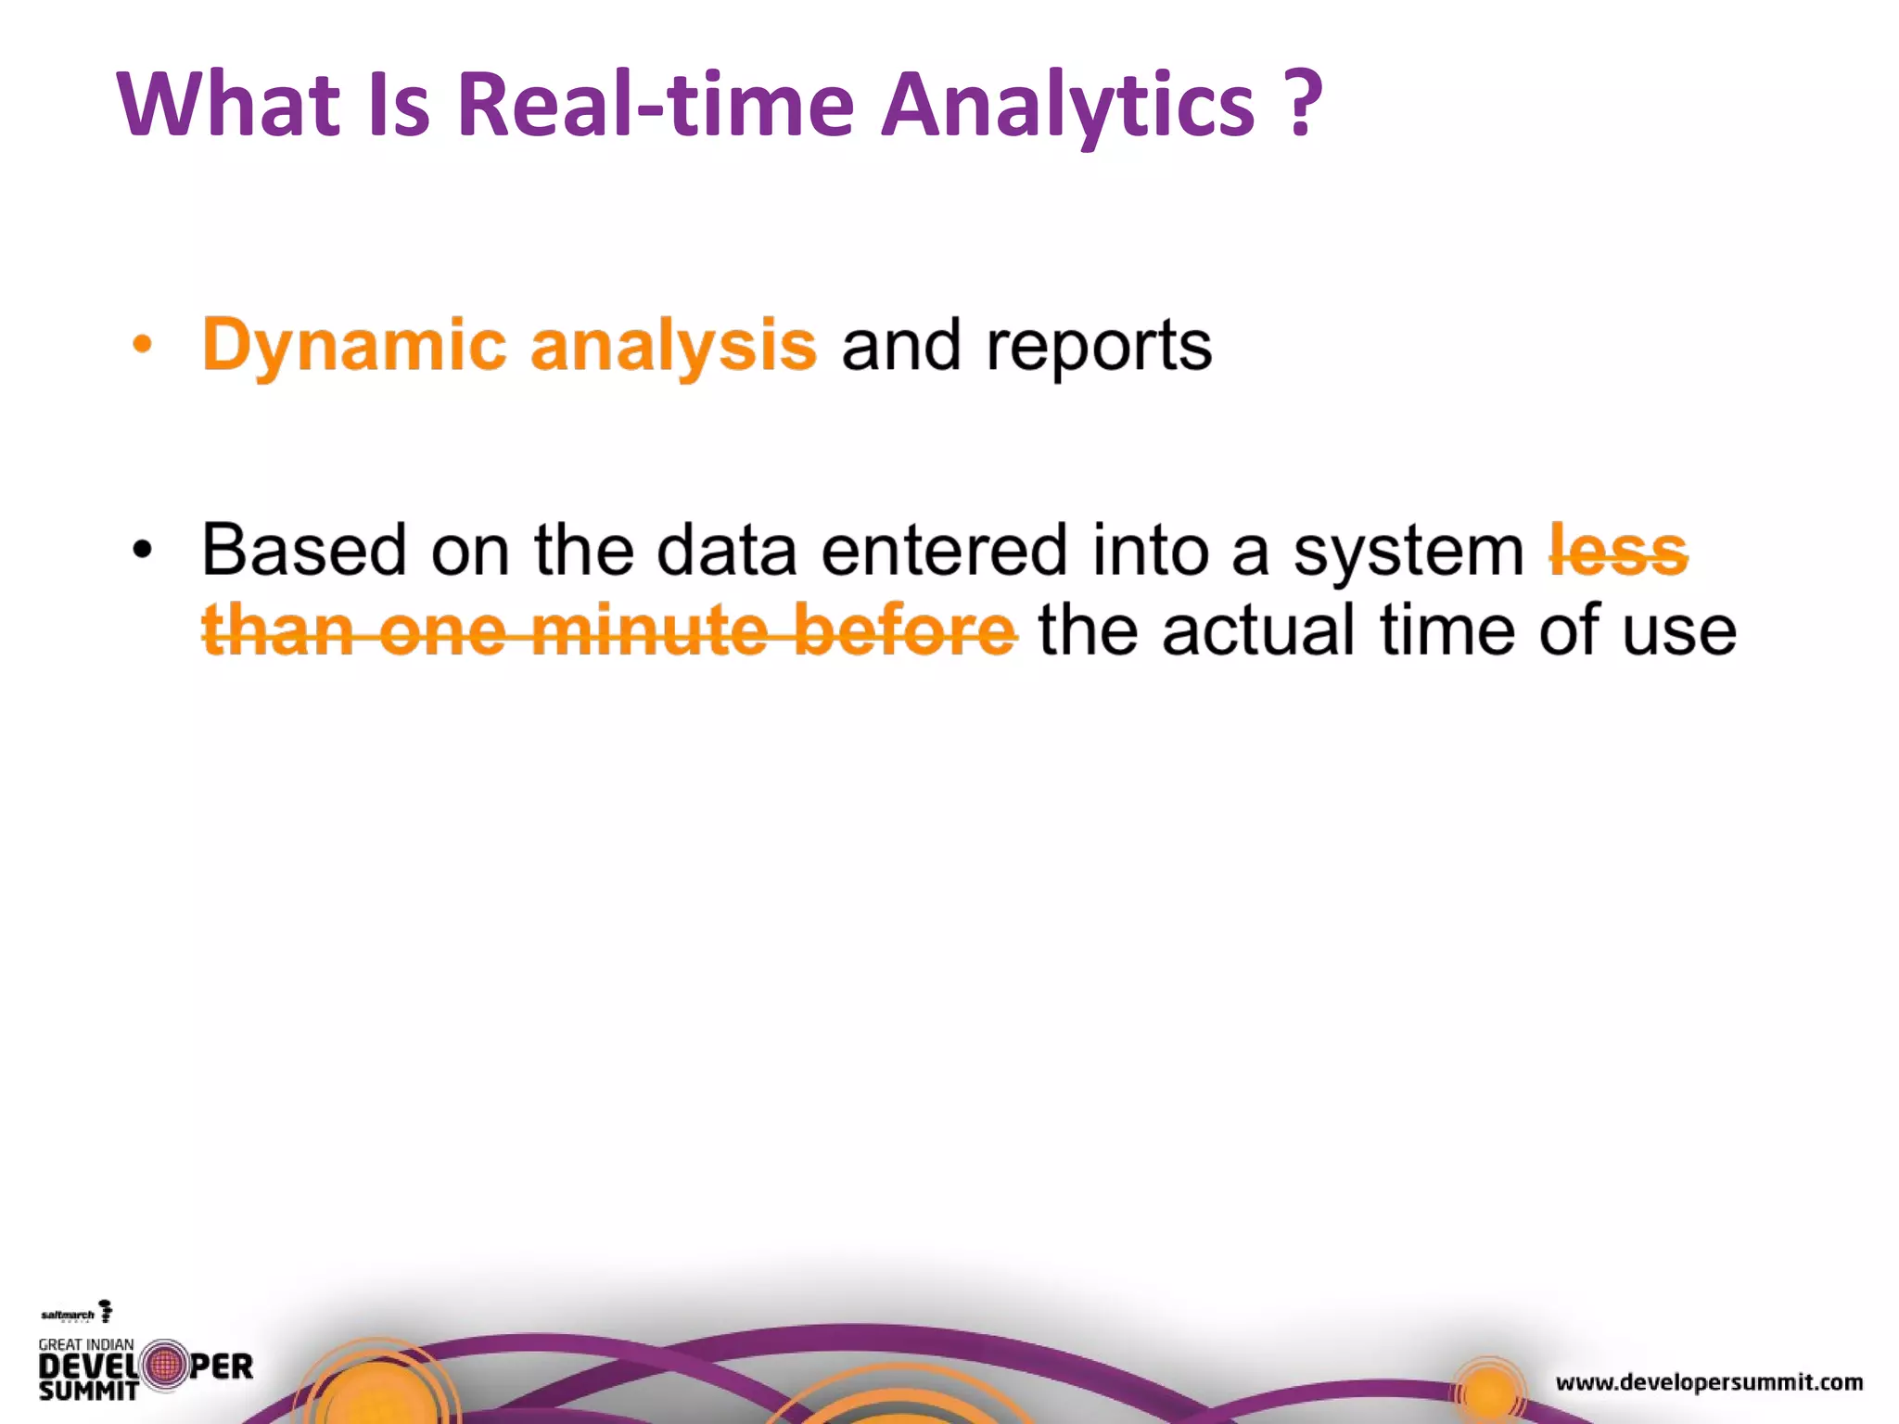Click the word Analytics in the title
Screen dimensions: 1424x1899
pyautogui.click(x=1066, y=107)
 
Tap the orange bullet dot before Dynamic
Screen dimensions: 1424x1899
pyautogui.click(x=142, y=346)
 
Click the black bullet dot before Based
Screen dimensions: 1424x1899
pyautogui.click(x=142, y=551)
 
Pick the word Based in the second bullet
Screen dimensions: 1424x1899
pyautogui.click(x=304, y=551)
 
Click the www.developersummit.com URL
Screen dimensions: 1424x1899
pyautogui.click(x=1709, y=1382)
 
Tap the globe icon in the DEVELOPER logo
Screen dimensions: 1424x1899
pyautogui.click(x=165, y=1366)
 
